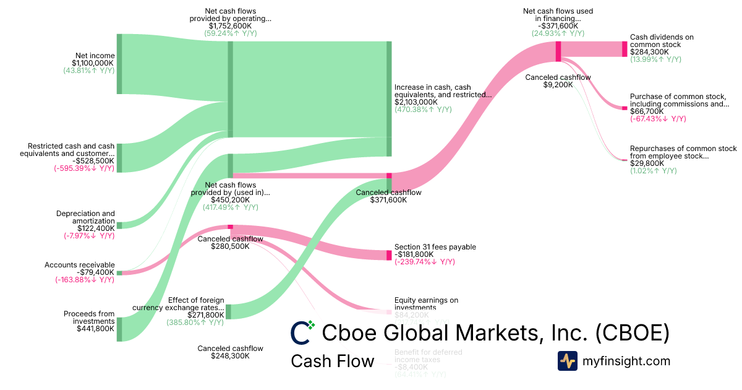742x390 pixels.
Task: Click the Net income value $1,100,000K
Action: click(93, 63)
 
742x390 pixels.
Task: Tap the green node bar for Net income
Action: click(119, 64)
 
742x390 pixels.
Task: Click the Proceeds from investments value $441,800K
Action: click(93, 329)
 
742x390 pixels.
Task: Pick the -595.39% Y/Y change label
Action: click(84, 168)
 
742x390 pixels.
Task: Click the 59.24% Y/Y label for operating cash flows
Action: click(230, 33)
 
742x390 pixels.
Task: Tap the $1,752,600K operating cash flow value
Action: click(230, 26)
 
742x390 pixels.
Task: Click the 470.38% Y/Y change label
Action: click(423, 110)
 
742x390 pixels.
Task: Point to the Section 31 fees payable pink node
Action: click(389, 255)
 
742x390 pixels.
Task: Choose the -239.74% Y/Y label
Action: click(425, 262)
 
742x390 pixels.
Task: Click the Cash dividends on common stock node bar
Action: click(625, 49)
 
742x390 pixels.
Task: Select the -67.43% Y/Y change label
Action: click(658, 119)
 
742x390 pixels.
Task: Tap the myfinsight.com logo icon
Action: click(567, 361)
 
